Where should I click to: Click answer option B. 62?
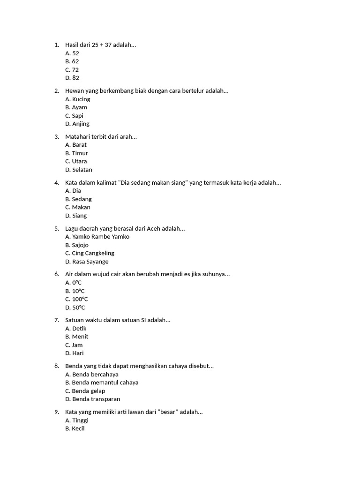coord(72,61)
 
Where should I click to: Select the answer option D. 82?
coord(72,78)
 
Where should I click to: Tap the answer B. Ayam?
coord(76,107)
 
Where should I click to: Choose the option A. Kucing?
coord(78,99)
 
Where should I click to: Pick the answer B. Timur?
coord(76,153)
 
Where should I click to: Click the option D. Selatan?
coord(79,170)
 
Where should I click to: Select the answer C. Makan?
coord(78,207)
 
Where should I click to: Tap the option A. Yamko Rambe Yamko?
coord(97,237)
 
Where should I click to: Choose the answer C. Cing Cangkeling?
coord(90,253)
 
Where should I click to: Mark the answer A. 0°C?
coord(74,283)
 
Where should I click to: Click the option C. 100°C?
coord(76,299)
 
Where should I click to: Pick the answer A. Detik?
coord(76,329)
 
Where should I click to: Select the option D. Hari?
coord(75,353)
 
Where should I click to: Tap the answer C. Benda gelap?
coord(85,391)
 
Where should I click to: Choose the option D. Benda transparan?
coord(93,399)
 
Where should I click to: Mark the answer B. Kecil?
coord(75,428)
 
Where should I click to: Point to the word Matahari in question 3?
coord(78,137)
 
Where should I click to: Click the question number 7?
coord(57,320)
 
